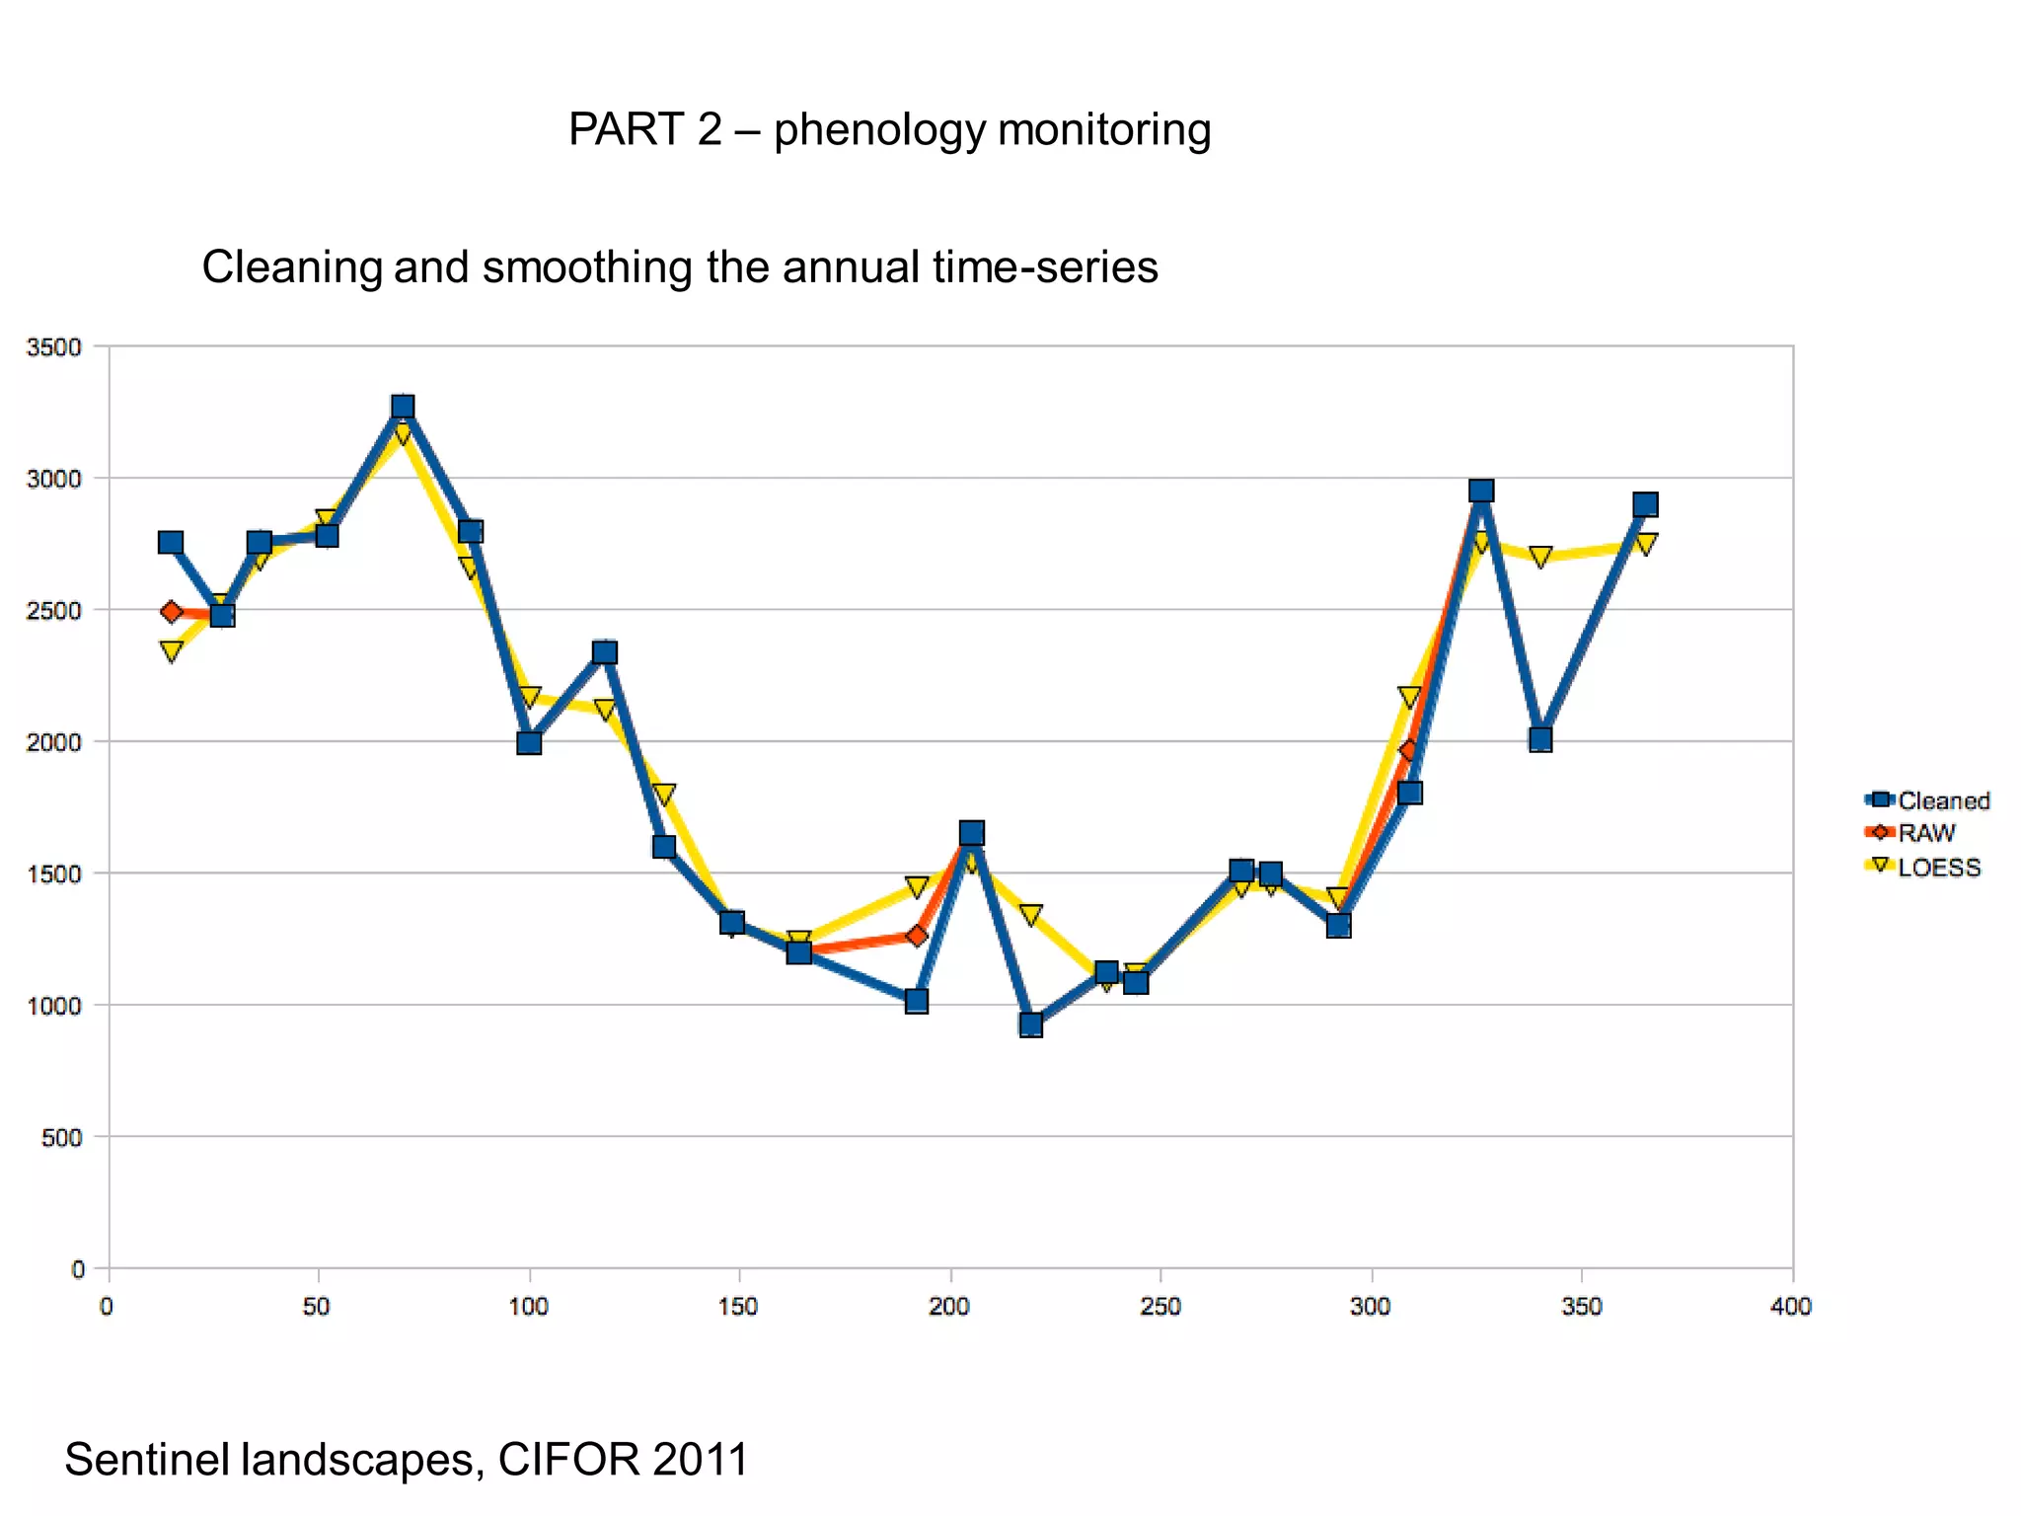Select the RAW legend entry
pos(1925,833)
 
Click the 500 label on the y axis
pos(61,1137)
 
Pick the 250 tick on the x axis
pos(1160,1307)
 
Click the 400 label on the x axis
pos(1791,1307)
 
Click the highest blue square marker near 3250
pos(402,407)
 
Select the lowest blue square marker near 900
pos(1030,1024)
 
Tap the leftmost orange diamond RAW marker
pos(172,612)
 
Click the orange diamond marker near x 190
pos(917,935)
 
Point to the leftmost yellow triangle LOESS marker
pos(172,652)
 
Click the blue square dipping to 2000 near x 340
pos(1540,739)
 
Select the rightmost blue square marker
pos(1645,504)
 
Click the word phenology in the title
pos(879,130)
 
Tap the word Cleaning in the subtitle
pos(292,267)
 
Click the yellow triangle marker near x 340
pos(1540,558)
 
